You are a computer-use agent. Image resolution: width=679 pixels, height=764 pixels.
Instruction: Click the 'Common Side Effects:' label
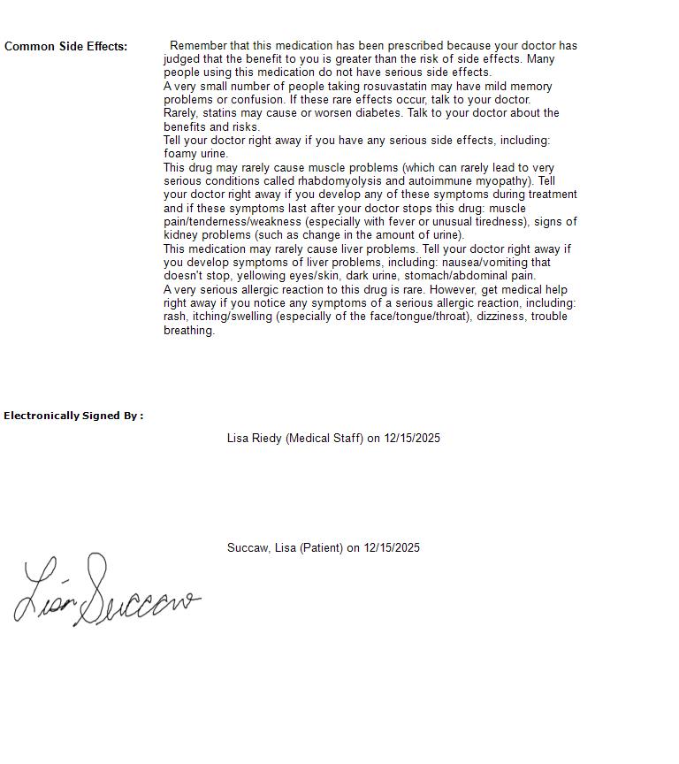tap(65, 46)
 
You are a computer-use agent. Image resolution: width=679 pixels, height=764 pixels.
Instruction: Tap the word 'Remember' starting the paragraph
tap(198, 46)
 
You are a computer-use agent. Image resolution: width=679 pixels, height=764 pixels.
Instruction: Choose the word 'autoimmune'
tap(439, 181)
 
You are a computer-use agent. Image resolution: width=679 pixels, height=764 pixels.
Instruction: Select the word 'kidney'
tap(180, 235)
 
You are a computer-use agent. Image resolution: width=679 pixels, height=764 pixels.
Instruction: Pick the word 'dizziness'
tap(501, 317)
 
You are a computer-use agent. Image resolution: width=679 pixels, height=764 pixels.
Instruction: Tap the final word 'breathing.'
tap(189, 331)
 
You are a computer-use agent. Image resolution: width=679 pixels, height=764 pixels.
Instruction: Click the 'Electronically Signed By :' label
tap(73, 416)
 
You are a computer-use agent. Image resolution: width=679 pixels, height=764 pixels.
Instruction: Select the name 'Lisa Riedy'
tap(255, 439)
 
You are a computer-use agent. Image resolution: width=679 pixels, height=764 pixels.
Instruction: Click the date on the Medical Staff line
tap(412, 439)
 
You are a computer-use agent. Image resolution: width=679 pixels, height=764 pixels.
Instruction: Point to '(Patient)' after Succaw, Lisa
tap(321, 548)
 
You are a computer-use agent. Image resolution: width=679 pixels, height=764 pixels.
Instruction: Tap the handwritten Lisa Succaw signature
tap(106, 592)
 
